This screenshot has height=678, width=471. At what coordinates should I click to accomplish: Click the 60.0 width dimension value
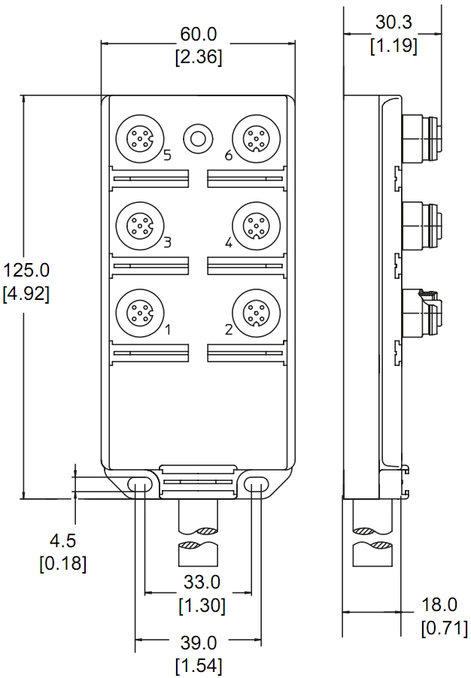tap(199, 34)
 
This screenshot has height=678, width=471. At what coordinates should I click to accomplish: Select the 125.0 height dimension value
tap(26, 271)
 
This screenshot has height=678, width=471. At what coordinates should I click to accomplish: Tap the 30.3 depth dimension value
tap(394, 23)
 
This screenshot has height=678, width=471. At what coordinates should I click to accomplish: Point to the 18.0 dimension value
tap(439, 605)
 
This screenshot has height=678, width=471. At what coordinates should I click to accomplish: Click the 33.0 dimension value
tap(202, 582)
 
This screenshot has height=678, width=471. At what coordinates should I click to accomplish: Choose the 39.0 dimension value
tap(199, 643)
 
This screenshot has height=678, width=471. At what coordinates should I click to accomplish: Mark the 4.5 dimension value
tap(63, 540)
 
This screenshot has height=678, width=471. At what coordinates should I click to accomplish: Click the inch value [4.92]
tap(26, 294)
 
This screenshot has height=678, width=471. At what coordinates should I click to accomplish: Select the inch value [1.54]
tap(199, 666)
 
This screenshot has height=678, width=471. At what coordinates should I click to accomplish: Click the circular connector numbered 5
tap(140, 139)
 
